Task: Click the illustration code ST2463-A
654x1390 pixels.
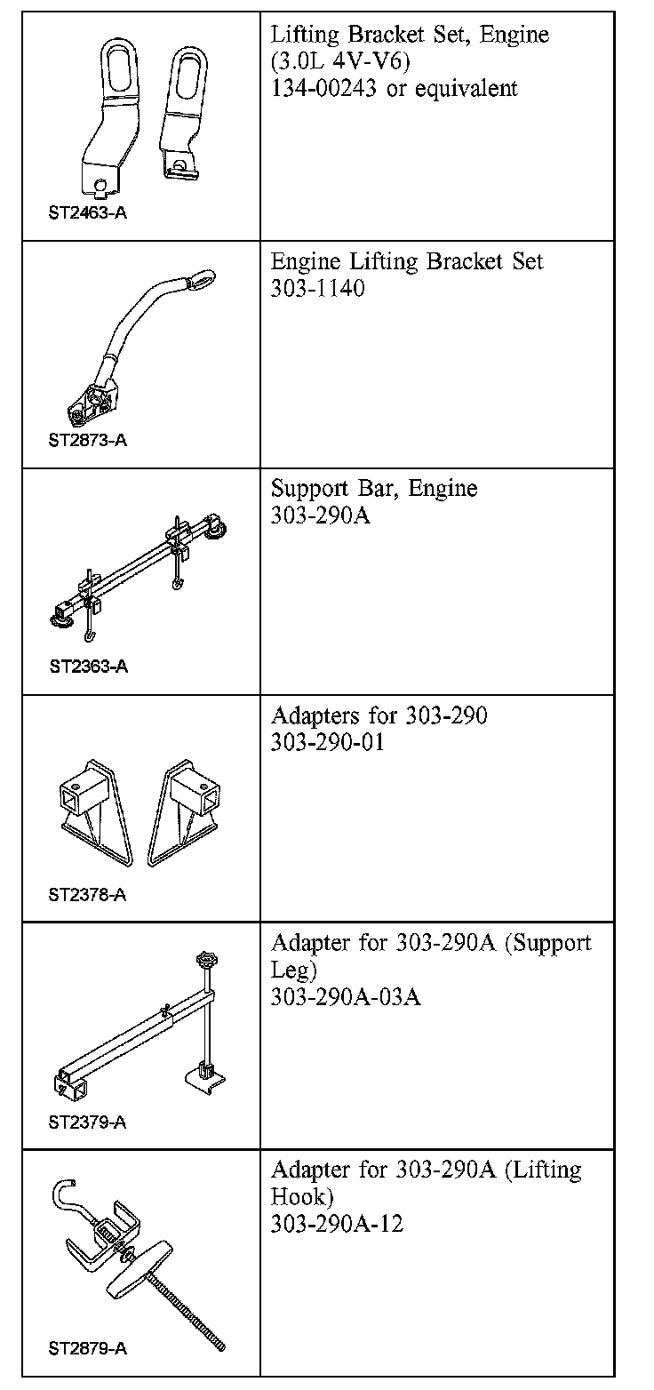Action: [87, 213]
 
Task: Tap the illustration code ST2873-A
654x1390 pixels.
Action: [87, 441]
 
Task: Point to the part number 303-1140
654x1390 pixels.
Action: [317, 289]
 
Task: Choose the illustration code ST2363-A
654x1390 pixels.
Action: [88, 667]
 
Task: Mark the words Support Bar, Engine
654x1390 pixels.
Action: [374, 489]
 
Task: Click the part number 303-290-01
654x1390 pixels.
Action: [327, 742]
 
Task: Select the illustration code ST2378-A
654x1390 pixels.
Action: [87, 895]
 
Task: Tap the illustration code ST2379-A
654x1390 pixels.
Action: [87, 1122]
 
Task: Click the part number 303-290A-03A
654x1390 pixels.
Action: [346, 996]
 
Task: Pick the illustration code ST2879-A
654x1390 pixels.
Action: [87, 1349]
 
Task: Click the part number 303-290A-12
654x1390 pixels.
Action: [337, 1224]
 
